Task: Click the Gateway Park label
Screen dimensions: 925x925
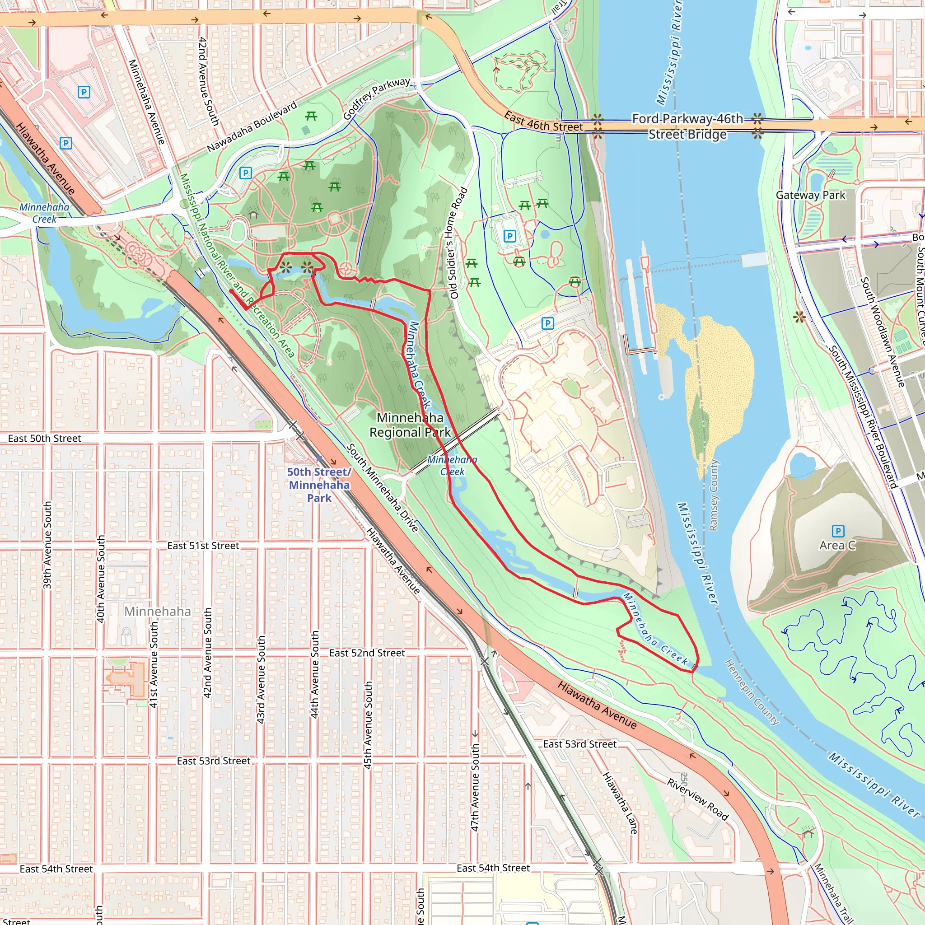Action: (x=810, y=195)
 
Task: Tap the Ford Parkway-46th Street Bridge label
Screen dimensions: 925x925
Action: (x=687, y=126)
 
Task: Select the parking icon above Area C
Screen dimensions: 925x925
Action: (x=838, y=531)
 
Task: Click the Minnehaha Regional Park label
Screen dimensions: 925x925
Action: (x=410, y=425)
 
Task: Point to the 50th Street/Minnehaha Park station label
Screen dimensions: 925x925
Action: (x=319, y=485)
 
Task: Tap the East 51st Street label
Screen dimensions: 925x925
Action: (x=203, y=546)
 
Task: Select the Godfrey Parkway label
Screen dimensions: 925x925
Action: (x=376, y=98)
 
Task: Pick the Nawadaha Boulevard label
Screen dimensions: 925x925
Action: (x=252, y=127)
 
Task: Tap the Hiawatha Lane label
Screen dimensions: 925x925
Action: (x=620, y=803)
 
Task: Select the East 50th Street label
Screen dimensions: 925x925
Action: (x=45, y=439)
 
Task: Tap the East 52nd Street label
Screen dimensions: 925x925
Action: (x=367, y=653)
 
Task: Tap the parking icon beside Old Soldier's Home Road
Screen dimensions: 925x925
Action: (x=510, y=236)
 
